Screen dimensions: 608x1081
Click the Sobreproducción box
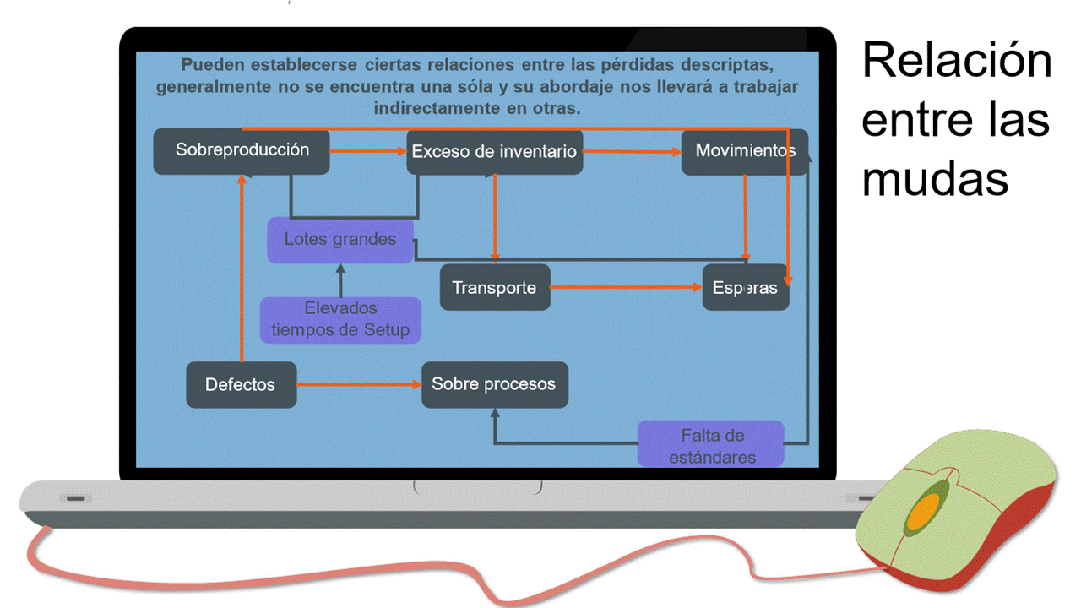(242, 151)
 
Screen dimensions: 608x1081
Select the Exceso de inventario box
(494, 152)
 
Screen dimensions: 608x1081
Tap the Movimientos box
(744, 151)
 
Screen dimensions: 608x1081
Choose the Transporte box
(494, 287)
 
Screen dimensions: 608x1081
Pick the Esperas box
(745, 288)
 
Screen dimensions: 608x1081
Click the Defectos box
(241, 384)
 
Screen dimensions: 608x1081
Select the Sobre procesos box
(494, 384)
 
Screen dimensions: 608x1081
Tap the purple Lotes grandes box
(340, 240)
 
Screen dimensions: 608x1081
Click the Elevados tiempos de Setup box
(340, 319)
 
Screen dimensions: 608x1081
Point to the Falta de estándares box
(711, 445)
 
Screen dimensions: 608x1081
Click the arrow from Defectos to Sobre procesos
(359, 384)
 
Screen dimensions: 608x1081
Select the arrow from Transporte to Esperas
(626, 287)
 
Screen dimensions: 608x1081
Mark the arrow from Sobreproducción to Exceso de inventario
(368, 151)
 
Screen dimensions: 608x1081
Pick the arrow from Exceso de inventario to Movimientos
(632, 152)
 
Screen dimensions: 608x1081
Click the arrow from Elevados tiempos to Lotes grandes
(340, 280)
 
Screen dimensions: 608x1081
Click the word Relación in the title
(957, 62)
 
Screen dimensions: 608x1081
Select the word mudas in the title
(935, 179)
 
